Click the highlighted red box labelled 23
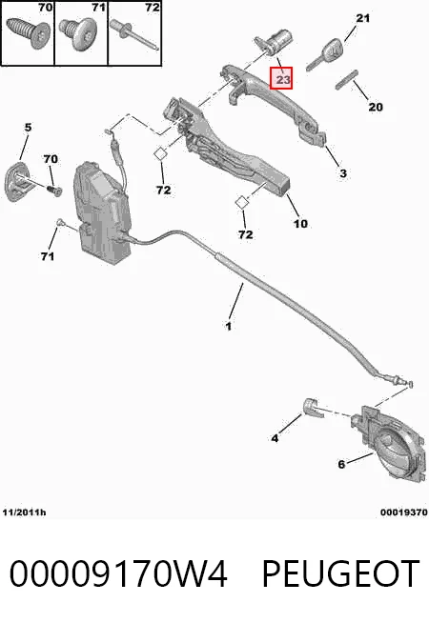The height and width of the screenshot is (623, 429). pyautogui.click(x=281, y=78)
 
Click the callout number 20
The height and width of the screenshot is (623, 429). pyautogui.click(x=376, y=107)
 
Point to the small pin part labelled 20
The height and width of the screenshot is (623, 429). pyautogui.click(x=347, y=79)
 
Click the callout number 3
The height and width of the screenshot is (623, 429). pyautogui.click(x=343, y=173)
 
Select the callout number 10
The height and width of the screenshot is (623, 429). pyautogui.click(x=300, y=223)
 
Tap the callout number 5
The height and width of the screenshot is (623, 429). pyautogui.click(x=28, y=128)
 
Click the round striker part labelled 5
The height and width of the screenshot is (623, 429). pyautogui.click(x=17, y=182)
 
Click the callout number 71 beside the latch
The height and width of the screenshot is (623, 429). pyautogui.click(x=48, y=256)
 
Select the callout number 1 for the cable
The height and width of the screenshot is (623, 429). pyautogui.click(x=228, y=326)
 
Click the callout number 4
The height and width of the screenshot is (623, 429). pyautogui.click(x=275, y=438)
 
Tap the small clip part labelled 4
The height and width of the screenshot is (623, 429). pyautogui.click(x=313, y=408)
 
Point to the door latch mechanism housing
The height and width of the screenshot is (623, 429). pyautogui.click(x=103, y=212)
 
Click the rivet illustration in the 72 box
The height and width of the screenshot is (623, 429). pyautogui.click(x=134, y=35)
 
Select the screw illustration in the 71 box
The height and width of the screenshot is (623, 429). pyautogui.click(x=79, y=35)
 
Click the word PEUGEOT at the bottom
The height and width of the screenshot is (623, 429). pyautogui.click(x=340, y=573)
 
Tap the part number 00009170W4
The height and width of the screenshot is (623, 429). pyautogui.click(x=118, y=573)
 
